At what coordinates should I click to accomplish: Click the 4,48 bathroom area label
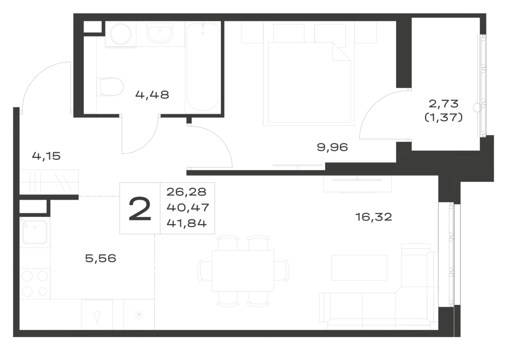(152, 95)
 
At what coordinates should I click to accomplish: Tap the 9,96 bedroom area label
(332, 147)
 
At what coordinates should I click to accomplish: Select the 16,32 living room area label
(374, 216)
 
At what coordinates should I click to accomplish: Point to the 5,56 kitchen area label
(101, 258)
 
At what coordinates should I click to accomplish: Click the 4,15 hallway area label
(46, 156)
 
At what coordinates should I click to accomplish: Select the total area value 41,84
(187, 223)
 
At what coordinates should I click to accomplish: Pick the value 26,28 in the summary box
(186, 192)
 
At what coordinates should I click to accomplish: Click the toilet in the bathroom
(110, 87)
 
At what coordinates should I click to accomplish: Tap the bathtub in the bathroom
(203, 67)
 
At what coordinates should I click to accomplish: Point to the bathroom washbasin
(160, 35)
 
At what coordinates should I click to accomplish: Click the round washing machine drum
(121, 33)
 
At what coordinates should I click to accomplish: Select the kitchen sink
(35, 232)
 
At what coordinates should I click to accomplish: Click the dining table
(243, 271)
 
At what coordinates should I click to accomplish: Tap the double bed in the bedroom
(309, 82)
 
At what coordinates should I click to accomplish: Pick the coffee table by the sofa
(359, 267)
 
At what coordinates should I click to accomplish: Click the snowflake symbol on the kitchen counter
(139, 314)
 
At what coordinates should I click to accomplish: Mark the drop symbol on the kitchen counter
(97, 317)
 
